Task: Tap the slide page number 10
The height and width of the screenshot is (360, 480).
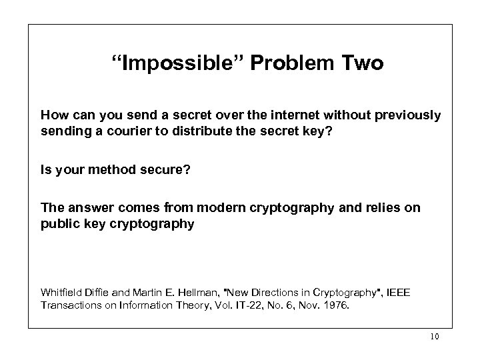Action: click(x=434, y=337)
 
